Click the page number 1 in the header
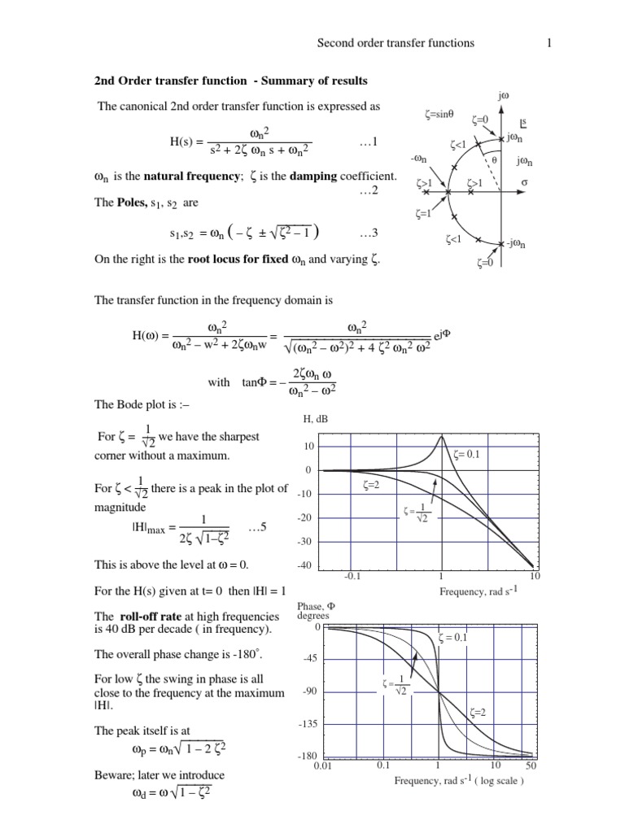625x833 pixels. coord(550,42)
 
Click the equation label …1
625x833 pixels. coord(368,142)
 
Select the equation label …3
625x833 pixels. coord(368,234)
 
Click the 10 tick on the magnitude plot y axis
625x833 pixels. coord(308,447)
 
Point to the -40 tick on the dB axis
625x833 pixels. coord(305,565)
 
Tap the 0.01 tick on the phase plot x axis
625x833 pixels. coord(320,766)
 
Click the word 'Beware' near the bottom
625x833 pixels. coord(115,775)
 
